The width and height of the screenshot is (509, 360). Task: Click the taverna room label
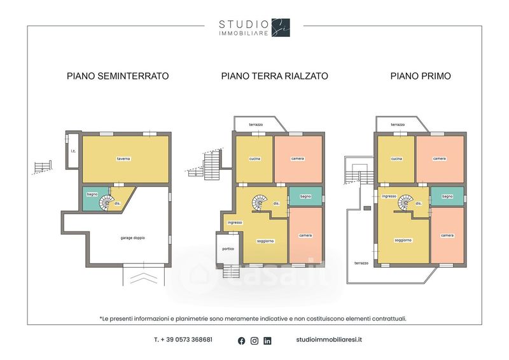(x=123, y=159)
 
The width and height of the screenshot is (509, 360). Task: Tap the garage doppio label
(x=132, y=238)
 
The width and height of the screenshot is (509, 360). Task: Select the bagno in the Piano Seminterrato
(x=92, y=194)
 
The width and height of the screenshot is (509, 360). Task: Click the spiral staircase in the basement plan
(x=107, y=203)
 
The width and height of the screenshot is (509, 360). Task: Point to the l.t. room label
(x=73, y=151)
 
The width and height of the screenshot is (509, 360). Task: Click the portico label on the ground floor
(x=228, y=249)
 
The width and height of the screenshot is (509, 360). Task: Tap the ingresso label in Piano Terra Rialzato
(x=235, y=223)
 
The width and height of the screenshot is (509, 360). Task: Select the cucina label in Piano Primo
(x=396, y=159)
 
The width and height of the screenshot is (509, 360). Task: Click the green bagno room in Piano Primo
(x=447, y=197)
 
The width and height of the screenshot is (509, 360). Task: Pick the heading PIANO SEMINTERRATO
(x=118, y=76)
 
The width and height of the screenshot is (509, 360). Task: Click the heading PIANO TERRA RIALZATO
(x=275, y=76)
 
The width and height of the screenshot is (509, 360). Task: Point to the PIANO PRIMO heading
(x=421, y=76)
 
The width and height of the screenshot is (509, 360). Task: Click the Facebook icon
(x=242, y=341)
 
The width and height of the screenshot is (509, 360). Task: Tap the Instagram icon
(x=254, y=341)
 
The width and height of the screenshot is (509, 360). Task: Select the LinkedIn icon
(x=267, y=341)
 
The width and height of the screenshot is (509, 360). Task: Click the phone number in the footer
(x=183, y=340)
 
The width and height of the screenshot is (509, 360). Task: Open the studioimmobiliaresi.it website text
(x=329, y=340)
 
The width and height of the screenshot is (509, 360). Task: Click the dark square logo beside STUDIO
(x=281, y=27)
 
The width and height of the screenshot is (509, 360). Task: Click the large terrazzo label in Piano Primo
(x=361, y=263)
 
